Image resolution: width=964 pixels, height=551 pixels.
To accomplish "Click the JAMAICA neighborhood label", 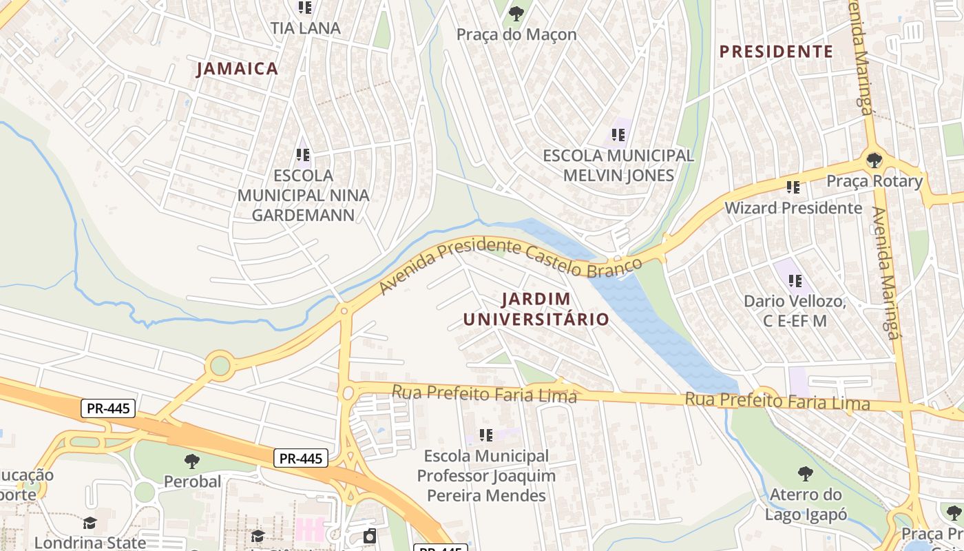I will click(x=237, y=69).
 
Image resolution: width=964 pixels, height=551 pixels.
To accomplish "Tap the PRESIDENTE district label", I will click(x=776, y=52).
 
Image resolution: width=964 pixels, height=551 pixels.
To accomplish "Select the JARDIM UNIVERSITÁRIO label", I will click(x=536, y=309).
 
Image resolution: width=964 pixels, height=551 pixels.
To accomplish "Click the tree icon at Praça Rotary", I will click(x=874, y=161).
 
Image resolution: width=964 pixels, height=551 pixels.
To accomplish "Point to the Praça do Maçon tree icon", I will click(x=516, y=12).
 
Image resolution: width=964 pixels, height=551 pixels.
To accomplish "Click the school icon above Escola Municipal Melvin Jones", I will click(x=618, y=135).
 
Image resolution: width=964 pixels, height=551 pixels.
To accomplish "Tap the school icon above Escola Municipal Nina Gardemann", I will click(x=303, y=155).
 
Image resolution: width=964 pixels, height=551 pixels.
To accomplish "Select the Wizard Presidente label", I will click(x=793, y=207).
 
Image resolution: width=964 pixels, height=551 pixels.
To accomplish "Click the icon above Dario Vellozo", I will click(x=795, y=280).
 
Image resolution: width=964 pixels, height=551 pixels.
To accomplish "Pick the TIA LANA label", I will click(x=305, y=28).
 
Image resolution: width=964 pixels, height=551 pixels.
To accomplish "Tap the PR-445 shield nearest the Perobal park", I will click(x=301, y=458).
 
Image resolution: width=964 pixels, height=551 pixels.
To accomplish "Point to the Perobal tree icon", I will click(x=192, y=461).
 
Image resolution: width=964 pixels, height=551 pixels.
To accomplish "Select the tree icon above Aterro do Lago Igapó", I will click(x=805, y=473).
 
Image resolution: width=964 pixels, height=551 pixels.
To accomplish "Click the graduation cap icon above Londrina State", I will click(x=90, y=523).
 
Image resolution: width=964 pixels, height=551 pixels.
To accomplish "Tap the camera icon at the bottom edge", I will click(x=370, y=536).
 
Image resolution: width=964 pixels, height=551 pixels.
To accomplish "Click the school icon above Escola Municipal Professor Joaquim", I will click(x=486, y=435).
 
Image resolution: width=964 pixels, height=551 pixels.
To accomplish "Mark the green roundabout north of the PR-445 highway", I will click(x=220, y=365).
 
